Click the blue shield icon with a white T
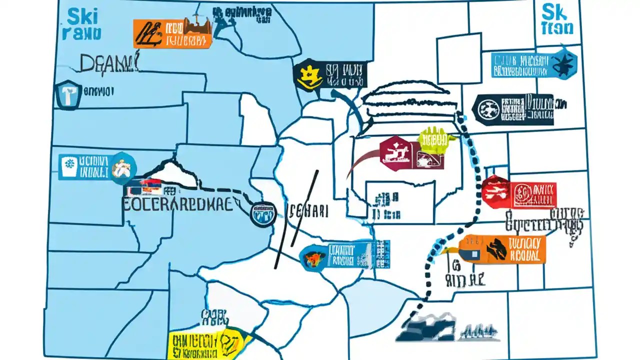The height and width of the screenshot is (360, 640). pyautogui.click(x=68, y=94)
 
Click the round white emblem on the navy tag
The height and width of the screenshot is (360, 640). pyautogui.click(x=486, y=109)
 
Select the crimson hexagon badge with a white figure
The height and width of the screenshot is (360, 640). pyautogui.click(x=394, y=151)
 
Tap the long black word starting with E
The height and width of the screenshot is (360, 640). pyautogui.click(x=177, y=204)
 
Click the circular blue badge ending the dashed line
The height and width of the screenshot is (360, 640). pyautogui.click(x=262, y=213)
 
